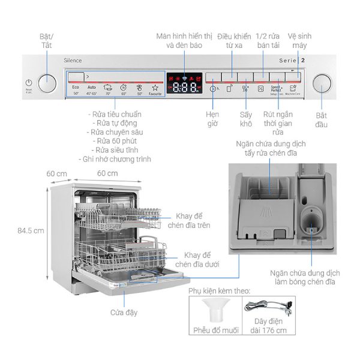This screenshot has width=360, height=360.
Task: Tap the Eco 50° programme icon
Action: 76,90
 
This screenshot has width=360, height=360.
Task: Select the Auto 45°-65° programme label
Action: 91,90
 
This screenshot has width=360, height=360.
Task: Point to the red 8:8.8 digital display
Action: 184,88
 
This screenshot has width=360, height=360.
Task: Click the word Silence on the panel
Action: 73,61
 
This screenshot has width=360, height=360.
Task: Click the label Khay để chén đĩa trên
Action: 193,221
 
